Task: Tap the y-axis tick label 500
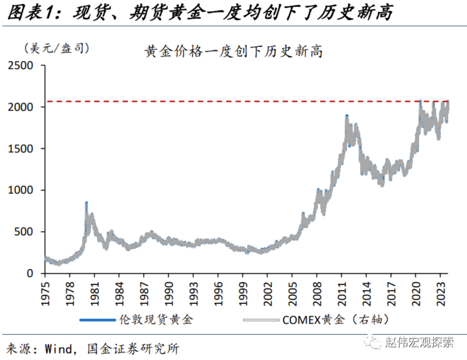(26, 232)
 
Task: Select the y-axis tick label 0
(31, 273)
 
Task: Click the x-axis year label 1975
(45, 291)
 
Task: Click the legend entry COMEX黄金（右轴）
(337, 320)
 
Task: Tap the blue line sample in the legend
(97, 320)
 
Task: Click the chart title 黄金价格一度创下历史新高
(233, 52)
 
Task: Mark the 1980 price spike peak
(86, 203)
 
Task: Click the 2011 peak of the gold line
(347, 116)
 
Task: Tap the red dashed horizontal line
(228, 101)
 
